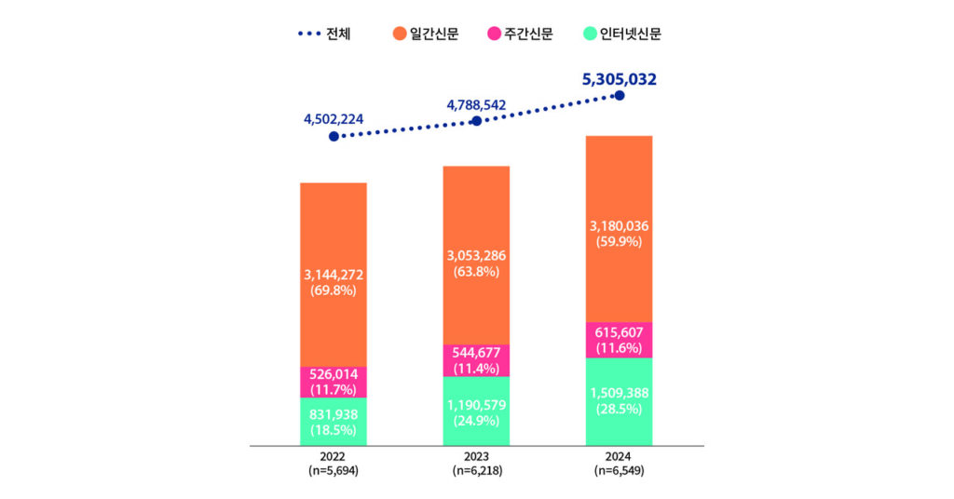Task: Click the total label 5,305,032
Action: point(619,79)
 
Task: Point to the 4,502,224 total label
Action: point(334,118)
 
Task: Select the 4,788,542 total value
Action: point(476,104)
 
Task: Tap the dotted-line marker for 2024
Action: point(620,96)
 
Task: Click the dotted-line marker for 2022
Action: point(334,137)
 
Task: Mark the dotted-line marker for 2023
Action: point(476,121)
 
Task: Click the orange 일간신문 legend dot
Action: point(400,34)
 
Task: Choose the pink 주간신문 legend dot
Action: point(495,34)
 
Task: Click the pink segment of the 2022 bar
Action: point(334,382)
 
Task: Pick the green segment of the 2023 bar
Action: point(476,411)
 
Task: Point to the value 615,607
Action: point(619,332)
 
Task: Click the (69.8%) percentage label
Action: point(334,290)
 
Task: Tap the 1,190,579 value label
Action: point(476,404)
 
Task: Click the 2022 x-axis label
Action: point(333,457)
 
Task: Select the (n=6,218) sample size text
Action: point(476,471)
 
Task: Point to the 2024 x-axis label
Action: point(619,457)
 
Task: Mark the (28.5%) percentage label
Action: point(619,409)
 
